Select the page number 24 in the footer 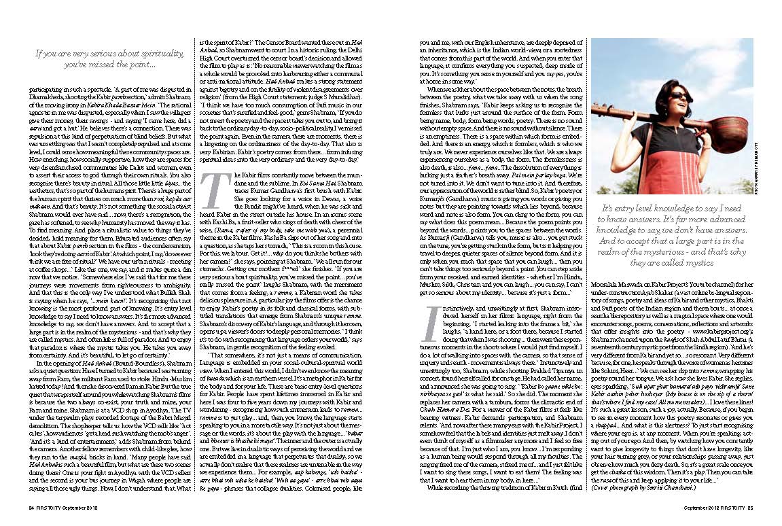31,508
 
